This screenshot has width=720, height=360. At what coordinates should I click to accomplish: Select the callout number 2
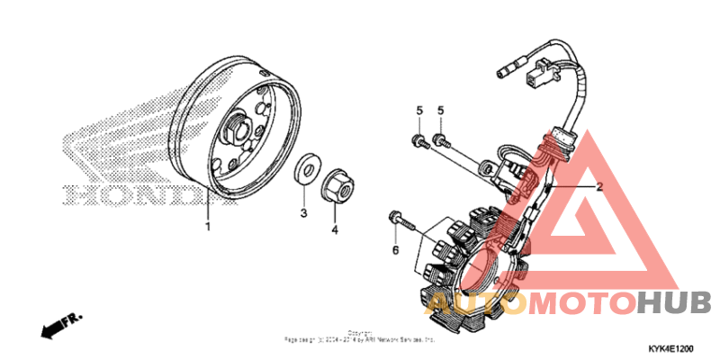pyautogui.click(x=597, y=186)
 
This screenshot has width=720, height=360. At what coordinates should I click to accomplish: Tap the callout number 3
pyautogui.click(x=304, y=213)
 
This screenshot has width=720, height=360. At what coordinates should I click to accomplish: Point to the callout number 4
pyautogui.click(x=334, y=229)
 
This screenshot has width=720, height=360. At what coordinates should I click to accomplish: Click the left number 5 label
pyautogui.click(x=418, y=111)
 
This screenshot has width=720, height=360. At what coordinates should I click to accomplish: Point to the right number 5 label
pyautogui.click(x=441, y=111)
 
